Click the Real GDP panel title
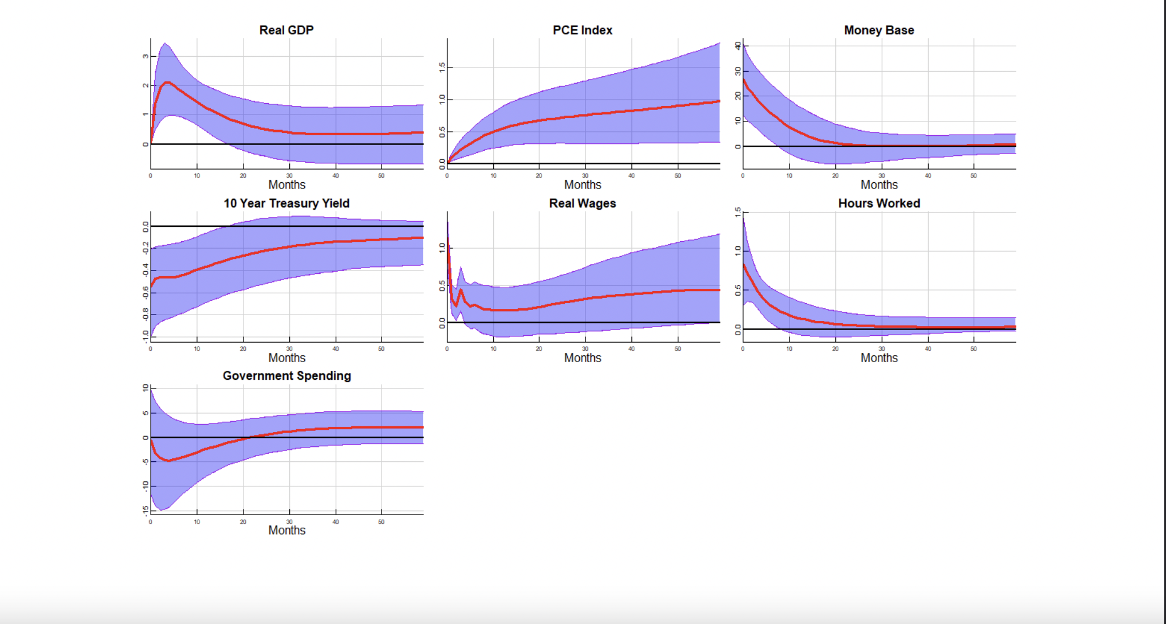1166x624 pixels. (286, 30)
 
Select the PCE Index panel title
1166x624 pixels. (582, 30)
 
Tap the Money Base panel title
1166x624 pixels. (878, 30)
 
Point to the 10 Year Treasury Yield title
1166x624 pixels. (286, 203)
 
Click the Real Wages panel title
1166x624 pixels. (582, 203)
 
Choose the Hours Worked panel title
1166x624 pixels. (878, 203)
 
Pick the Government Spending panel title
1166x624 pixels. (286, 376)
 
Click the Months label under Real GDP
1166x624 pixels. (286, 185)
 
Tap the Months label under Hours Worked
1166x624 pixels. (878, 358)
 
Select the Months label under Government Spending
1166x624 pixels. (286, 530)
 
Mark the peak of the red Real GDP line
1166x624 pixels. (167, 83)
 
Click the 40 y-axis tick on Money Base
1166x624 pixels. (738, 46)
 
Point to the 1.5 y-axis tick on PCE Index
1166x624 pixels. (442, 68)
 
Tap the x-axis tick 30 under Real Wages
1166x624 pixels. (585, 348)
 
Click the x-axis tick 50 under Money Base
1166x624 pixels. (973, 175)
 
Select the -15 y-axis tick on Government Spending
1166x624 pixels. (146, 509)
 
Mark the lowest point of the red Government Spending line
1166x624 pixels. (168, 461)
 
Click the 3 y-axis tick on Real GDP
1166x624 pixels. (146, 56)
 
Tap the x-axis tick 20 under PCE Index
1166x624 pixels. (539, 175)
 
